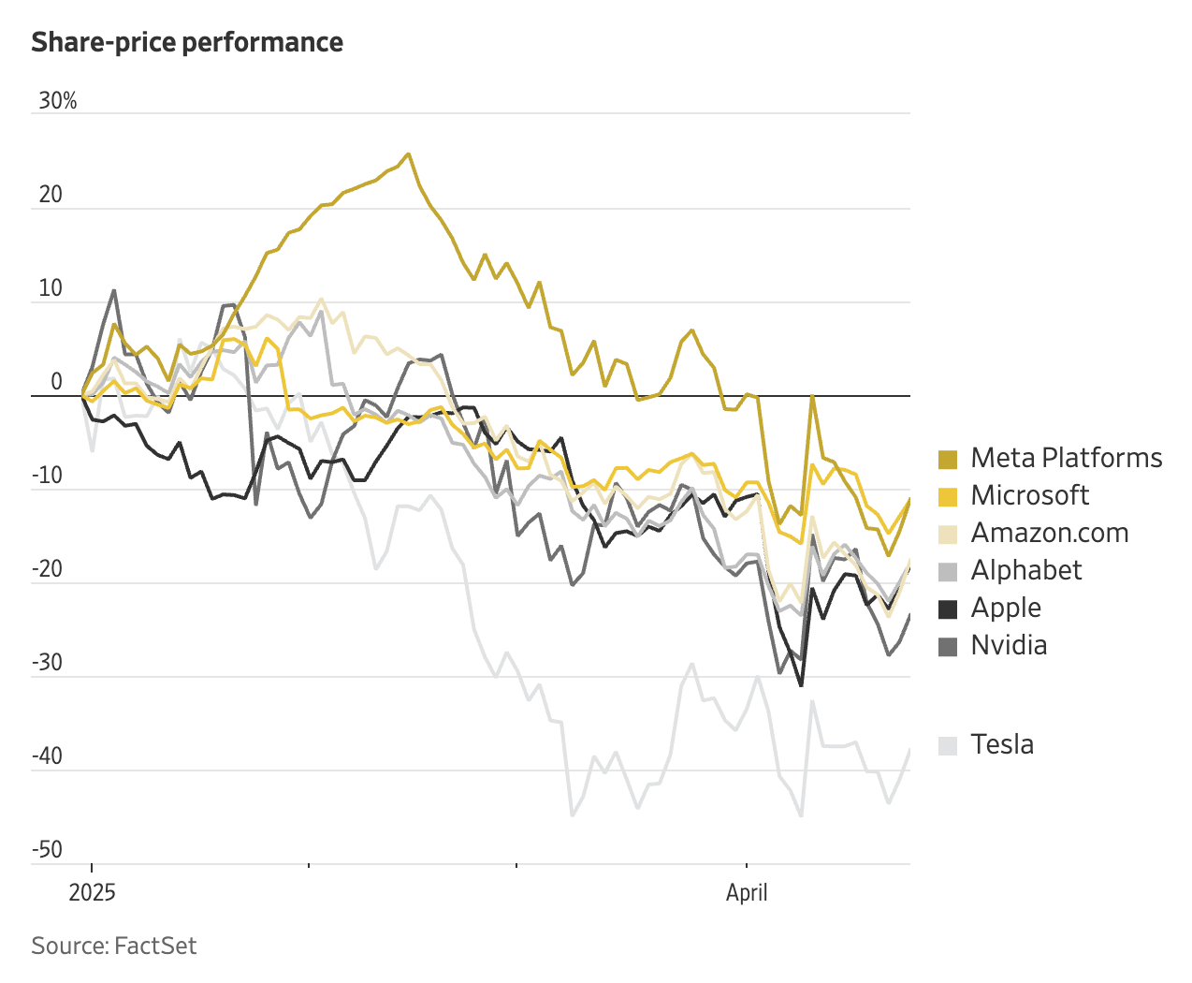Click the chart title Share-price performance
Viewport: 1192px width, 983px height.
click(187, 42)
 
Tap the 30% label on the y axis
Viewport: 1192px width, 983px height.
click(57, 101)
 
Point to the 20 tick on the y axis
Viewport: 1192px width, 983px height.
click(51, 195)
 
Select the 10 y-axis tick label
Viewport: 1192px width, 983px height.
click(51, 288)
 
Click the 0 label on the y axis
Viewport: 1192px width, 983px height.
click(56, 382)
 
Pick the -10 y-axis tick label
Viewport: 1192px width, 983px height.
click(47, 476)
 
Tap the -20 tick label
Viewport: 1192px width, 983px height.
click(47, 569)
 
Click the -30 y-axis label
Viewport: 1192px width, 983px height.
click(47, 663)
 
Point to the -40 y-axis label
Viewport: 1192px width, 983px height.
click(47, 756)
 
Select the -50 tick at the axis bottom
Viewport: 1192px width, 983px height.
click(47, 850)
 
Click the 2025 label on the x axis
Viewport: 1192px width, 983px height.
click(92, 892)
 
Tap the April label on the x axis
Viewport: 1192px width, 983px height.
click(747, 892)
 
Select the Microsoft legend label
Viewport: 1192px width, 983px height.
click(1029, 495)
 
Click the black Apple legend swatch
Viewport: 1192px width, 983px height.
click(948, 609)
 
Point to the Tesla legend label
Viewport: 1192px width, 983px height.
click(1002, 744)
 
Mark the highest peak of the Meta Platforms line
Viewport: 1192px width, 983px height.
click(408, 154)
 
